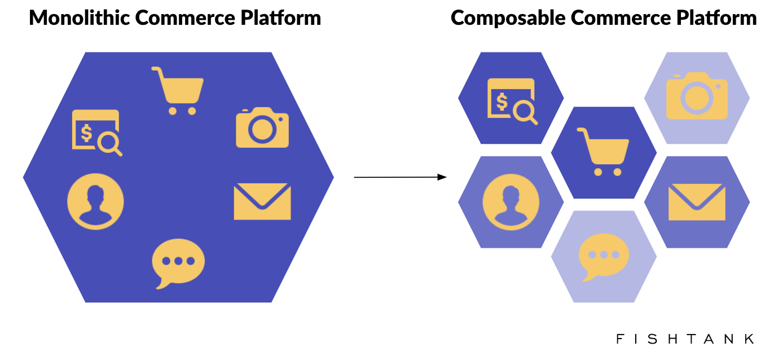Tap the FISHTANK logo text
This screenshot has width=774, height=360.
685,339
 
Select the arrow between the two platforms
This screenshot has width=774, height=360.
400,177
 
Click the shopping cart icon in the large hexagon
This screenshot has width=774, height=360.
178,90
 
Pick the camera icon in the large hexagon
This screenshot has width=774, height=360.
262,128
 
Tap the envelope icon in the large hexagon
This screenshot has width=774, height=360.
262,201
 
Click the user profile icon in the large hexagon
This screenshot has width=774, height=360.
95,201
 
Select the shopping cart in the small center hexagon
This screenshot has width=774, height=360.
603,151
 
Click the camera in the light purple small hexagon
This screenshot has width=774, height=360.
697,96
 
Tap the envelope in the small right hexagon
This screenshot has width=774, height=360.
697,202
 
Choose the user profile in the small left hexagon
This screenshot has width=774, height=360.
511,202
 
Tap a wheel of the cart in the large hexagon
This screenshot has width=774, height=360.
173,111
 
